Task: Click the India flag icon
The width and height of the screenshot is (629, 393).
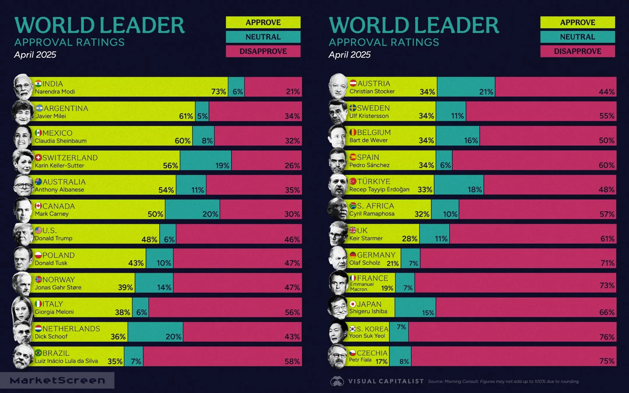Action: click(x=38, y=84)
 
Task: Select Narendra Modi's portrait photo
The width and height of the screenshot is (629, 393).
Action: click(x=23, y=87)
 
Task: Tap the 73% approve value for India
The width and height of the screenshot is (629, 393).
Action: click(x=219, y=92)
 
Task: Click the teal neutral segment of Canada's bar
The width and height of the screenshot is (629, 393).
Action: click(x=192, y=210)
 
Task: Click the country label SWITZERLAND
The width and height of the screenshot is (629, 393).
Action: click(x=70, y=158)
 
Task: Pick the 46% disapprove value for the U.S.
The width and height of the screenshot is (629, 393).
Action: click(x=292, y=239)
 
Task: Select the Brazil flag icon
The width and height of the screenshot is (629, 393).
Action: click(x=38, y=353)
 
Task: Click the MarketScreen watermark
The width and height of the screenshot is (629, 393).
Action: click(x=58, y=380)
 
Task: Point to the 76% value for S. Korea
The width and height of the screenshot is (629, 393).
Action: click(x=607, y=337)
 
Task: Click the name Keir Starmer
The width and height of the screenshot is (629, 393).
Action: click(x=365, y=238)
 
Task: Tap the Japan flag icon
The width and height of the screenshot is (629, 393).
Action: click(x=353, y=304)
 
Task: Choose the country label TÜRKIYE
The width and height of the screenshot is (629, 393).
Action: click(x=374, y=182)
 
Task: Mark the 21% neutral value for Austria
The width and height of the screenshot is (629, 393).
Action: click(x=486, y=92)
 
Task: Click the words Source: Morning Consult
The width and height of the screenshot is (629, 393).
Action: click(x=452, y=381)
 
